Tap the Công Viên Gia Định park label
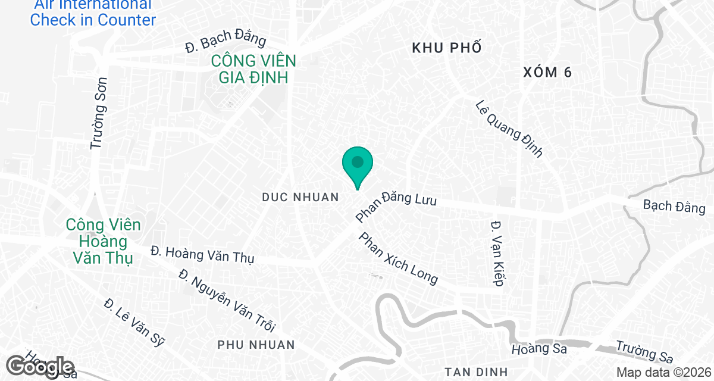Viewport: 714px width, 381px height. click(x=253, y=68)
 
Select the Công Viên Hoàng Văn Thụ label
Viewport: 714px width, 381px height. click(x=104, y=242)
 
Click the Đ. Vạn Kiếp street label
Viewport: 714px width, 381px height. click(x=497, y=253)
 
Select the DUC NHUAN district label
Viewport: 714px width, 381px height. click(x=300, y=197)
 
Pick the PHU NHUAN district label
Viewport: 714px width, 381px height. click(x=256, y=345)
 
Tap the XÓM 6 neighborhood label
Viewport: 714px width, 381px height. click(x=547, y=73)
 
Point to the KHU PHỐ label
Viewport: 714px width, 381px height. click(x=446, y=49)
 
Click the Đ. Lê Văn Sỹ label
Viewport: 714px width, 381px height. click(x=134, y=321)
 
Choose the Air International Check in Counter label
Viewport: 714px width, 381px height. click(x=93, y=13)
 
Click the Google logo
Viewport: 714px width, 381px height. click(x=40, y=366)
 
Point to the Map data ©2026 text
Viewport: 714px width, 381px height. click(x=663, y=373)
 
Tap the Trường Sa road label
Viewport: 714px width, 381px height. click(x=644, y=351)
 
